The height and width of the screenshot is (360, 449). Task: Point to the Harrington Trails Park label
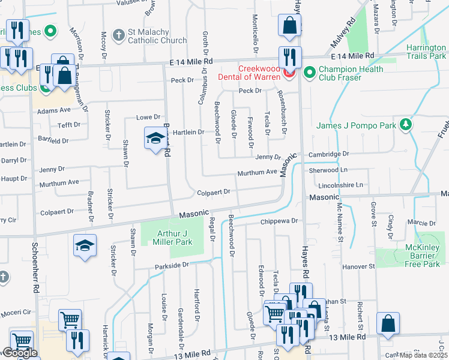tap(426, 52)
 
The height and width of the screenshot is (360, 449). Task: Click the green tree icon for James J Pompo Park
tap(406, 124)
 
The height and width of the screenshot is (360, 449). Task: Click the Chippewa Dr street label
tap(279, 221)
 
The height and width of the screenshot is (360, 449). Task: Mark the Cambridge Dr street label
tap(328, 154)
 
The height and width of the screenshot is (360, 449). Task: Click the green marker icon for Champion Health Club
tap(310, 73)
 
